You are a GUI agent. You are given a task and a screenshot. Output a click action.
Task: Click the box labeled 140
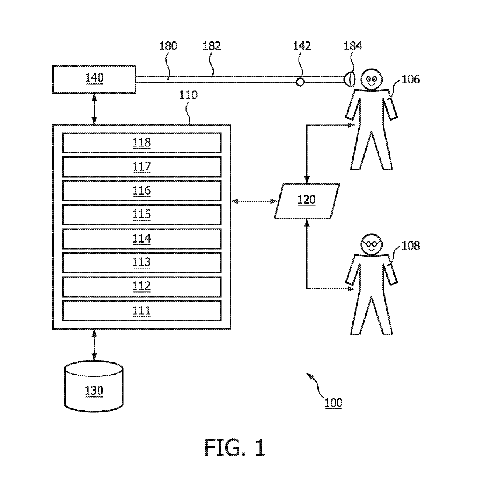tap(94, 80)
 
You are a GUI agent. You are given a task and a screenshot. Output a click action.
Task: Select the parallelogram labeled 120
tap(307, 201)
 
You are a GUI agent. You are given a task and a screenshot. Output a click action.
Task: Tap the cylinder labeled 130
tap(94, 387)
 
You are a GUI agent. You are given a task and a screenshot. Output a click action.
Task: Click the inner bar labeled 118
tap(142, 143)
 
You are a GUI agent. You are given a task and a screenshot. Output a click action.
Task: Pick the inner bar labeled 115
tap(142, 215)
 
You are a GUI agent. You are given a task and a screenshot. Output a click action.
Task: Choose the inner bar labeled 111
tap(142, 311)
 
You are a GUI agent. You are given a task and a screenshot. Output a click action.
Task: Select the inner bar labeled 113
tap(142, 263)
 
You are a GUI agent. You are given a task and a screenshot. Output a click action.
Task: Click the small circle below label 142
tap(300, 82)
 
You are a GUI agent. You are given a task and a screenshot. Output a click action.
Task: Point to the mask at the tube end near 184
tap(349, 80)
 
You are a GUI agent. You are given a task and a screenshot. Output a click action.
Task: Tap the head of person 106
tap(371, 80)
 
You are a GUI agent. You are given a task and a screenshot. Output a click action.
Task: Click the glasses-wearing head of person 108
tap(371, 245)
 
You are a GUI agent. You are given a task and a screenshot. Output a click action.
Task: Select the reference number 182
tap(211, 46)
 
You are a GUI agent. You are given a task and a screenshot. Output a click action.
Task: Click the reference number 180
tap(168, 46)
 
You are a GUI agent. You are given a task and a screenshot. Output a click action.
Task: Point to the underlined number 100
tap(333, 403)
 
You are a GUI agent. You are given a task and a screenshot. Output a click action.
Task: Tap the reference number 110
tap(188, 95)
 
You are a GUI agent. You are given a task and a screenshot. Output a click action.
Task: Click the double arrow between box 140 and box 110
tap(94, 109)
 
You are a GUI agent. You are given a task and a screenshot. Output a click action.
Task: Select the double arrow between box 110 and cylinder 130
tap(94, 345)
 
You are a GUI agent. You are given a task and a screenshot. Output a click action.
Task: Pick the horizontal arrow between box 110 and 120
tap(254, 201)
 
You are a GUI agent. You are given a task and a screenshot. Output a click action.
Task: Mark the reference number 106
tap(410, 80)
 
